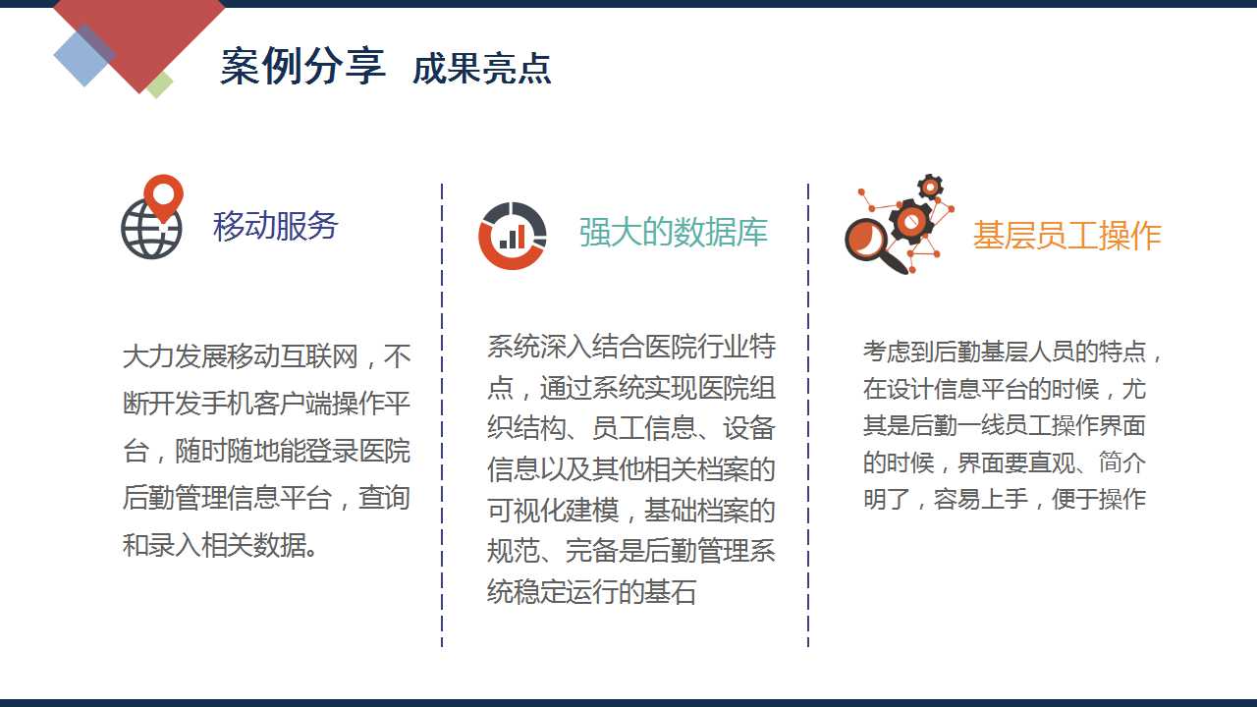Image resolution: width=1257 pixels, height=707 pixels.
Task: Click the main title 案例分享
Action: [x=303, y=66]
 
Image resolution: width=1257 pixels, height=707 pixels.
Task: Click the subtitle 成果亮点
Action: [x=482, y=69]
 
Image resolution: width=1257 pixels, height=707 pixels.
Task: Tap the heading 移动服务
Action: [x=275, y=226]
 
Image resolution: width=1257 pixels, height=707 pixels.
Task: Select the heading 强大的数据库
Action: [x=674, y=232]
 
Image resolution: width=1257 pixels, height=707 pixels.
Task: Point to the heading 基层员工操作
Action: [x=1066, y=235]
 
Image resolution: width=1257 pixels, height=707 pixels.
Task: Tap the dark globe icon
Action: [x=151, y=230]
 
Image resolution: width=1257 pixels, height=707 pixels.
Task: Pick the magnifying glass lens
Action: [x=866, y=240]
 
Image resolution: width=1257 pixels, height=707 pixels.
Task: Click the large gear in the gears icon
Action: [x=910, y=221]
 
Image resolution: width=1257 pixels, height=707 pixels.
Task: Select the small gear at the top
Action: [x=930, y=187]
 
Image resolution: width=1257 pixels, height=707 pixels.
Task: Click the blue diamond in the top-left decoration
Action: [x=84, y=55]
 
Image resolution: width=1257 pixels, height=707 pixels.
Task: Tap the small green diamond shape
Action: [x=159, y=84]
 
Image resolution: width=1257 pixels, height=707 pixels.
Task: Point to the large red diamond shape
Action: [x=139, y=33]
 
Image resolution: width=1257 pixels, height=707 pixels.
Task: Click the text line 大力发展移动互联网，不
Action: [x=266, y=356]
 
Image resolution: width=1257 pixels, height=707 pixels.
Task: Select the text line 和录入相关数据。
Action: [x=220, y=545]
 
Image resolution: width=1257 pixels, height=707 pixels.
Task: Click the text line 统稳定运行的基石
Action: [x=592, y=591]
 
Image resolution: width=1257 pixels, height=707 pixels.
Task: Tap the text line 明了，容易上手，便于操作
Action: [x=1005, y=499]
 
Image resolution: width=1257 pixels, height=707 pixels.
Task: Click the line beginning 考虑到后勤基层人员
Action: [x=1012, y=352]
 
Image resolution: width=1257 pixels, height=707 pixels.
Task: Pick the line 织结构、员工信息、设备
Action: [x=631, y=428]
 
